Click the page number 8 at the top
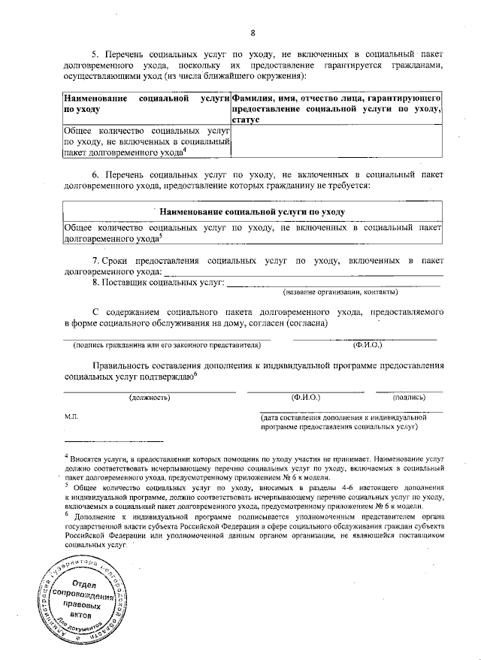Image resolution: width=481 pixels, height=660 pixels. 253,32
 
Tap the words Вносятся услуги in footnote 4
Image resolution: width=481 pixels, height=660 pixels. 99,457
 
